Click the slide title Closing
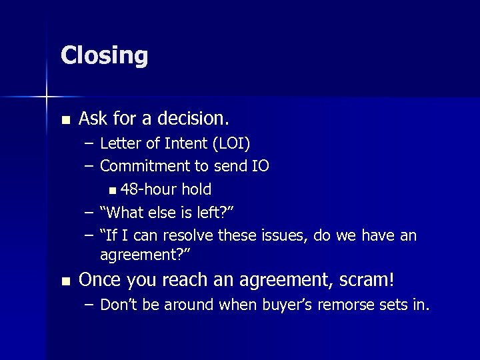click(104, 55)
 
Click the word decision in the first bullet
click(198, 119)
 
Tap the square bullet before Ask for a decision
click(65, 120)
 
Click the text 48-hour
click(149, 189)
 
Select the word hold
click(197, 189)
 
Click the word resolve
click(193, 235)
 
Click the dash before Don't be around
click(89, 305)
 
